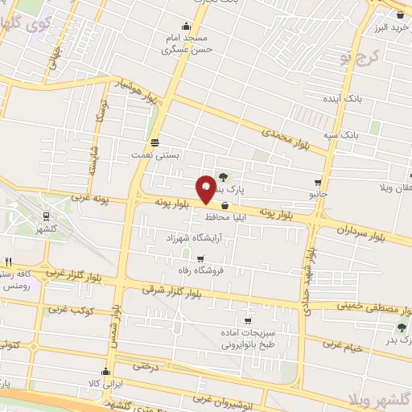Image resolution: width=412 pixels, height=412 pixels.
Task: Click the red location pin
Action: (x=206, y=188)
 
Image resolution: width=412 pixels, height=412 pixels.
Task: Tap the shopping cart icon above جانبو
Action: (x=318, y=182)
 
